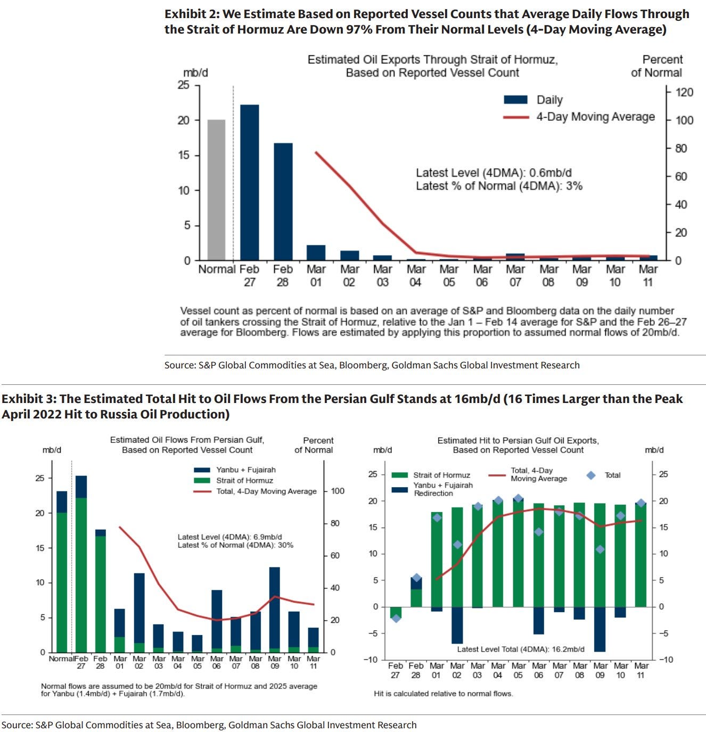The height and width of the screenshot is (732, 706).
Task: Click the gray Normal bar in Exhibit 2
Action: point(216,190)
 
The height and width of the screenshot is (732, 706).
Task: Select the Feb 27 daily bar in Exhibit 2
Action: point(249,183)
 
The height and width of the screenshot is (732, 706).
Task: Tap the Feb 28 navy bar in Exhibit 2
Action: point(283,202)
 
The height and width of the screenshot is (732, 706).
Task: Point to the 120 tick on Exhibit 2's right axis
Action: point(684,93)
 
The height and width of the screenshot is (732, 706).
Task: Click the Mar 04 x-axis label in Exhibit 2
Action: point(416,276)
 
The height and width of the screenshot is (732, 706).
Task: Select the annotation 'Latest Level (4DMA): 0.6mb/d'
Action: point(494,173)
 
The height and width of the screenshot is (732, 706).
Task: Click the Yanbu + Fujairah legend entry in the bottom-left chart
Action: point(245,470)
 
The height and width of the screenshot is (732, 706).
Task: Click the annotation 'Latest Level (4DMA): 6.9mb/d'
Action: point(229,537)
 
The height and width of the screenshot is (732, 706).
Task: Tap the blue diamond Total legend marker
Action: point(590,475)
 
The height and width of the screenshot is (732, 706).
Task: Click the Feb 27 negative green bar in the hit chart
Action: point(395,612)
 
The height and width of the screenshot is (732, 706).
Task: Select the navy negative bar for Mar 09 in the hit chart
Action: point(600,629)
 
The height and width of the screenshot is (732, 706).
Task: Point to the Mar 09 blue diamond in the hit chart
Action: point(600,549)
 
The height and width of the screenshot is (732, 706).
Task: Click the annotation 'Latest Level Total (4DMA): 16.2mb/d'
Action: point(520,649)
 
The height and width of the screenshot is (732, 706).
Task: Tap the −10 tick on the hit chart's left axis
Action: point(372,660)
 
